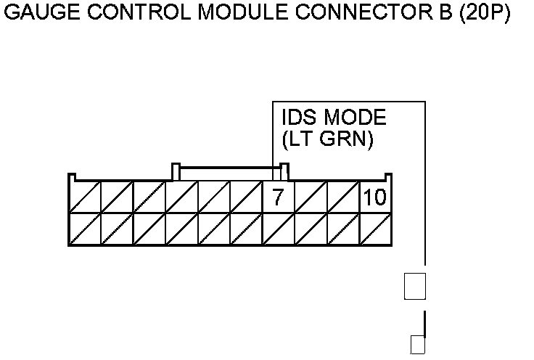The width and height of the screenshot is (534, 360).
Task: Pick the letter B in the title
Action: [428, 15]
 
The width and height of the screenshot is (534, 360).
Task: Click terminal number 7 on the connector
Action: [277, 197]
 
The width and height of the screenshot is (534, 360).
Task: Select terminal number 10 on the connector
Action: [375, 197]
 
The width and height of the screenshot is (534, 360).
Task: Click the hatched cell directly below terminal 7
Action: [277, 229]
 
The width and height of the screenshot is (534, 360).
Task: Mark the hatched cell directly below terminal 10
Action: [375, 229]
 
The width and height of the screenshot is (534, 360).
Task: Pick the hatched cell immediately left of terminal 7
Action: [246, 197]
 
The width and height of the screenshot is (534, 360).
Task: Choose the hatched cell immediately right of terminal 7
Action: [311, 197]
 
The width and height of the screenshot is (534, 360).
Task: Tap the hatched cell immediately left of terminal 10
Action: [343, 197]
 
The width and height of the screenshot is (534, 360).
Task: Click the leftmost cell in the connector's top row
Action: [84, 197]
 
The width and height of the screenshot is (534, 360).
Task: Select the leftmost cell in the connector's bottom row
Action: [84, 229]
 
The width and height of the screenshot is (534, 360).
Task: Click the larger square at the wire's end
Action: [414, 286]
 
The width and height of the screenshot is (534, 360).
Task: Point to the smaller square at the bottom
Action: [417, 345]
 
